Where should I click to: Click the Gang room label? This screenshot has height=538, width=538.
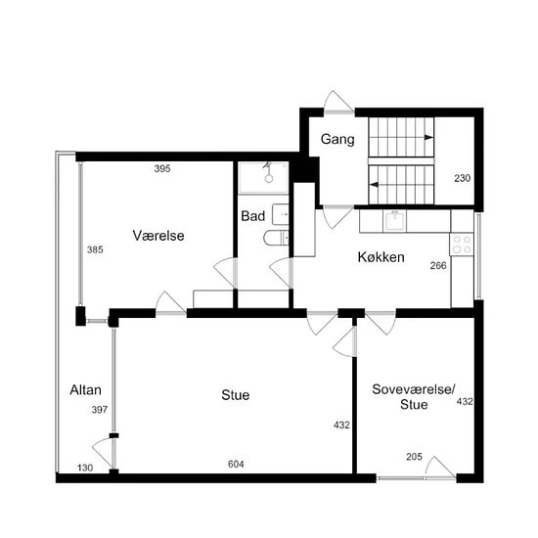337,139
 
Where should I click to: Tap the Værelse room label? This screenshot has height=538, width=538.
158,236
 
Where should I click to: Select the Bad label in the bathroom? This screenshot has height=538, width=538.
253,216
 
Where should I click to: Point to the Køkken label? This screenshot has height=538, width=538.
381,257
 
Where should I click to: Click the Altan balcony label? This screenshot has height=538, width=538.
85,390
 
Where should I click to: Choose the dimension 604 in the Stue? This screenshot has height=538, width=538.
236,465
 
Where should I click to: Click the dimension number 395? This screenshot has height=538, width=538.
162,169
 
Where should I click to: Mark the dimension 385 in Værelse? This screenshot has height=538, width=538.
95,249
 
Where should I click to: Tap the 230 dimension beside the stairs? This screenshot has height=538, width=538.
462,178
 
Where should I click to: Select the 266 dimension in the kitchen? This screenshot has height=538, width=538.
438,265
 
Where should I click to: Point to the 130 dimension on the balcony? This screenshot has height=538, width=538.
85,468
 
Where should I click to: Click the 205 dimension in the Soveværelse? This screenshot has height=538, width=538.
414,457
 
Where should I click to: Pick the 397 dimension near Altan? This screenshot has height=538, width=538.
100,410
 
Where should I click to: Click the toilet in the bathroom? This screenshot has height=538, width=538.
276,238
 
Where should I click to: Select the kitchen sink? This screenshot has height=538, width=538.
394,221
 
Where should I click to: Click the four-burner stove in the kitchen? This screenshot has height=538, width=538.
462,245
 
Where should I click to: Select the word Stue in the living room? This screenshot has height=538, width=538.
236,395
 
